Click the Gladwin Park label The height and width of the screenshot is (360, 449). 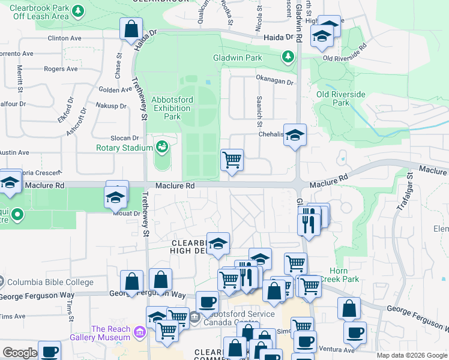coord(246,58)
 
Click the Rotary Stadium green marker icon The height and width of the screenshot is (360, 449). coord(161,146)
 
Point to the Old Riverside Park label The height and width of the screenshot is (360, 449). coord(341,98)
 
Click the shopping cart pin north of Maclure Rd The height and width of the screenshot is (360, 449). coord(232,160)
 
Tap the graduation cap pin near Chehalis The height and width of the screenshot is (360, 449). coord(295,135)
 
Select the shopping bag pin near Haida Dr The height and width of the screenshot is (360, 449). coord(131,29)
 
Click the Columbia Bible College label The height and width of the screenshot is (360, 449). coord(50,282)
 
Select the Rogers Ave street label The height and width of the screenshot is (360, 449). coord(61,69)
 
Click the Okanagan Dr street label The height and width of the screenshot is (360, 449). coord(274,82)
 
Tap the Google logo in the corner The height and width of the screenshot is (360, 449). coord(20,353)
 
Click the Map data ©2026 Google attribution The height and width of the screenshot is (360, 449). coord(412,355)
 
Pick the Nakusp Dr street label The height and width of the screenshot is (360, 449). coord(112,106)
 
